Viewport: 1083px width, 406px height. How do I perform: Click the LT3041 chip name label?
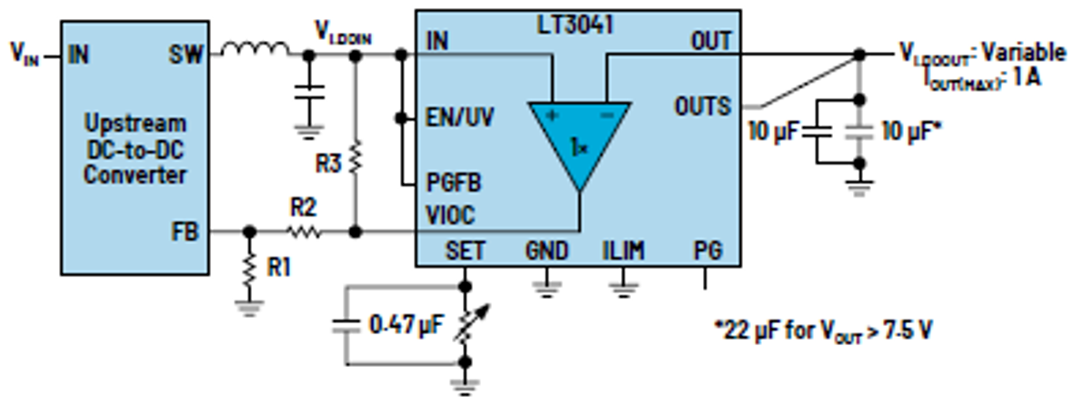pyautogui.click(x=576, y=25)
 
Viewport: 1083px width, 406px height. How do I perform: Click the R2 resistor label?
pyautogui.click(x=304, y=208)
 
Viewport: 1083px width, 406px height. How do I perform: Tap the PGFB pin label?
pyautogui.click(x=454, y=183)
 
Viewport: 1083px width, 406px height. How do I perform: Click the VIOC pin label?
pyautogui.click(x=452, y=216)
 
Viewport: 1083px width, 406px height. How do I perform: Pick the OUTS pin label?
pyautogui.click(x=702, y=107)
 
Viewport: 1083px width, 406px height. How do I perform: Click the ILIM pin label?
pyautogui.click(x=623, y=250)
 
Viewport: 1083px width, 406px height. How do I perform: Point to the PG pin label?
pyautogui.click(x=707, y=250)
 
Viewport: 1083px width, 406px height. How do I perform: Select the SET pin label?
pyautogui.click(x=466, y=250)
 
